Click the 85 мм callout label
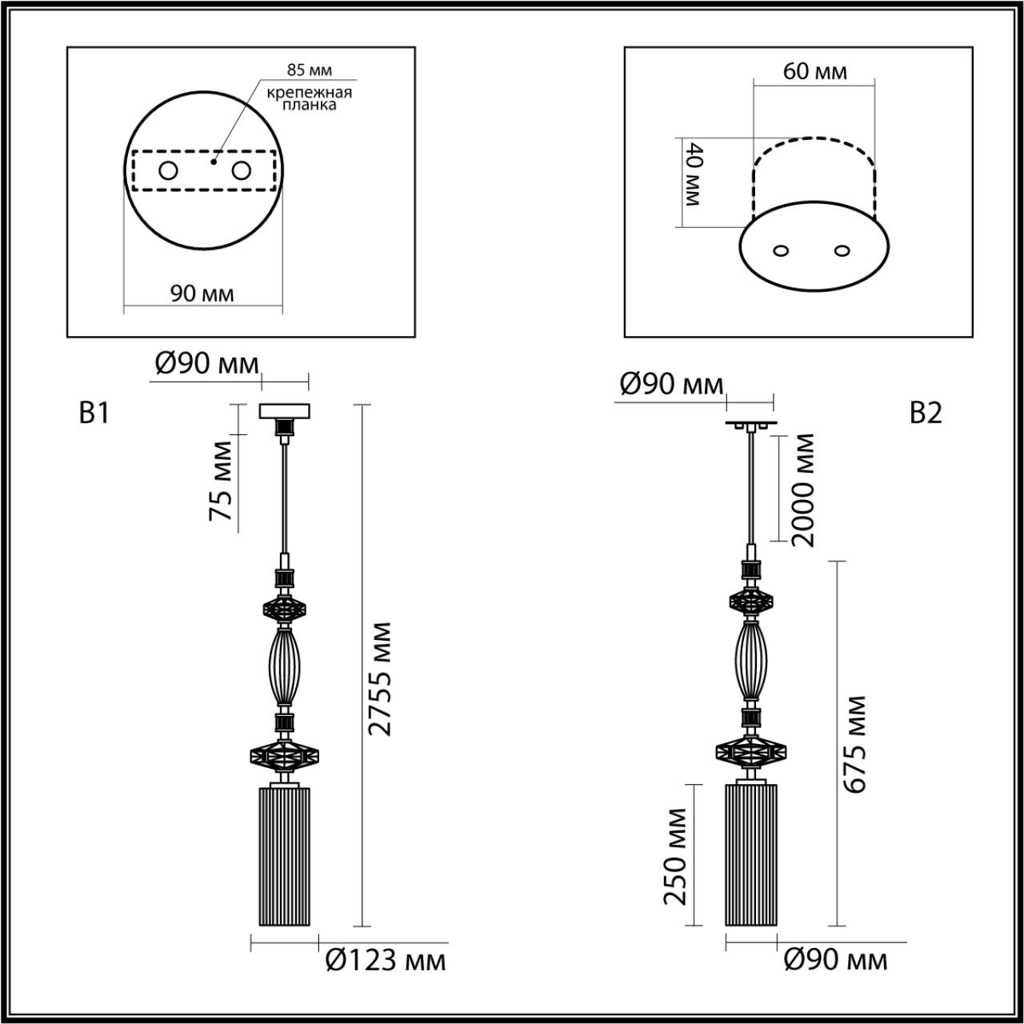pyautogui.click(x=308, y=70)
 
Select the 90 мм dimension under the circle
pyautogui.click(x=202, y=294)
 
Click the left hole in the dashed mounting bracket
pyautogui.click(x=168, y=170)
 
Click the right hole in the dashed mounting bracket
pyautogui.click(x=240, y=170)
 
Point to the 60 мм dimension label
pyautogui.click(x=814, y=71)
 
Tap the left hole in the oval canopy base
pyautogui.click(x=782, y=250)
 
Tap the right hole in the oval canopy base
pyautogui.click(x=841, y=250)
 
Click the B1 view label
pyautogui.click(x=94, y=413)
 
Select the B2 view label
pyautogui.click(x=926, y=413)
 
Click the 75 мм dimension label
pyautogui.click(x=221, y=480)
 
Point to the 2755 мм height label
pyautogui.click(x=382, y=678)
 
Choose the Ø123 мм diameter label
pyautogui.click(x=386, y=958)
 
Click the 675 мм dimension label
pyautogui.click(x=855, y=744)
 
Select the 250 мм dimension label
pyautogui.click(x=675, y=856)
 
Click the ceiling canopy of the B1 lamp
pyautogui.click(x=284, y=411)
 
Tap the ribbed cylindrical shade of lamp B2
pyautogui.click(x=750, y=854)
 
